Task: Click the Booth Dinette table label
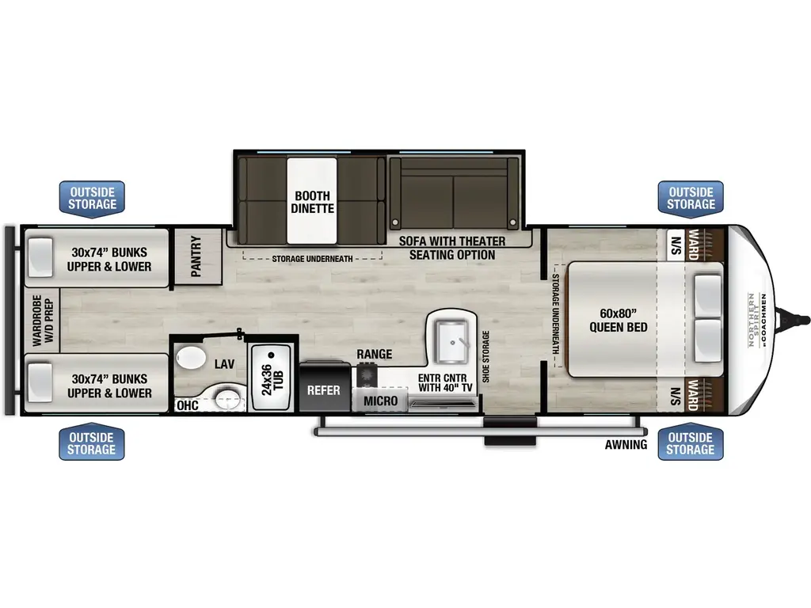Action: click(312, 202)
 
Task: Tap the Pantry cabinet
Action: click(197, 256)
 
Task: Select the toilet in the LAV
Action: click(190, 358)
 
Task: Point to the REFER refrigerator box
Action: click(324, 388)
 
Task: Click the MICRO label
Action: click(381, 401)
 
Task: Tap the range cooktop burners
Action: click(366, 374)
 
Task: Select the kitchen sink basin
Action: click(451, 342)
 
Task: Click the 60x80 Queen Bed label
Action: click(618, 320)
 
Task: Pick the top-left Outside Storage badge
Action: click(92, 199)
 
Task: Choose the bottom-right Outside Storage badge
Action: click(691, 443)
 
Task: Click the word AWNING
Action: click(626, 445)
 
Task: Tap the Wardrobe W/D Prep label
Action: click(43, 321)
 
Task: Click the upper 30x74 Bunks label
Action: click(109, 259)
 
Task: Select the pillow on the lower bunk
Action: click(40, 382)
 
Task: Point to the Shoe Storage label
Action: click(485, 356)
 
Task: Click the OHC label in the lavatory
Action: click(187, 405)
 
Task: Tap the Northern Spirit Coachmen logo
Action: click(756, 320)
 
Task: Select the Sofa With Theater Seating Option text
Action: click(452, 248)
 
